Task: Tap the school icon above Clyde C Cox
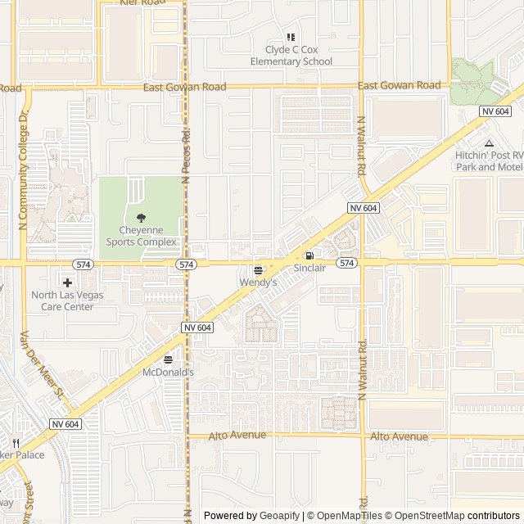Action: coord(291,37)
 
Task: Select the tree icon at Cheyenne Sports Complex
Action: coord(141,218)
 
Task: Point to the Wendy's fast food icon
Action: coord(258,270)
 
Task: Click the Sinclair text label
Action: coord(309,268)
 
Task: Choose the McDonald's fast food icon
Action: coord(168,359)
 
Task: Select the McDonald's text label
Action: coord(168,373)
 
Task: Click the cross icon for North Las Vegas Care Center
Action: coord(67,282)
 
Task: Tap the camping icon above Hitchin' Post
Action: coord(489,143)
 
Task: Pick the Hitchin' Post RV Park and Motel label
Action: coord(489,160)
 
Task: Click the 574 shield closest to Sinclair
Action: coord(347,263)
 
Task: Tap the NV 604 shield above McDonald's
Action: coord(196,327)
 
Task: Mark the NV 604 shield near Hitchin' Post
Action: coord(495,111)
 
